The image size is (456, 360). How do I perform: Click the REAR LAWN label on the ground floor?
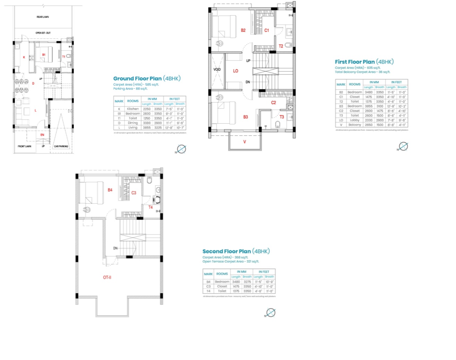[x=43, y=17]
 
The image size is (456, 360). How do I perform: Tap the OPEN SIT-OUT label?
[x=43, y=33]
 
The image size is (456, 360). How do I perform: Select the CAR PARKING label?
[x=61, y=146]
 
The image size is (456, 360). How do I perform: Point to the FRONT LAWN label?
[x=25, y=146]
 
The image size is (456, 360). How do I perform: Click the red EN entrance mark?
[x=42, y=135]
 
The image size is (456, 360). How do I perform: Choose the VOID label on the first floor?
[x=217, y=70]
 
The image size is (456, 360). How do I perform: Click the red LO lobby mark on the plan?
[x=235, y=71]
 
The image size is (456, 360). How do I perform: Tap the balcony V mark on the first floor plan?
[x=244, y=142]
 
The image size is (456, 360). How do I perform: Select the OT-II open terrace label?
[x=107, y=277]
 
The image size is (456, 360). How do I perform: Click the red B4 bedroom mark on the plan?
[x=110, y=190]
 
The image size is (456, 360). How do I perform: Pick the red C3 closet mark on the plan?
[x=134, y=193]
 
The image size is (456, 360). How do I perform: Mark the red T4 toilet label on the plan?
[x=150, y=207]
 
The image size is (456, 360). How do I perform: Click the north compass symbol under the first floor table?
[x=403, y=146]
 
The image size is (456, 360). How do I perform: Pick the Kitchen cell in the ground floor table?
[x=133, y=109]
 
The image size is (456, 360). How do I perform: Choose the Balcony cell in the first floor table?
[x=354, y=125]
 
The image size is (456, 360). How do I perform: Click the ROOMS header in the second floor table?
[x=222, y=274]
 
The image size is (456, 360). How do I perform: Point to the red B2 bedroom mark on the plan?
[x=243, y=30]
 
